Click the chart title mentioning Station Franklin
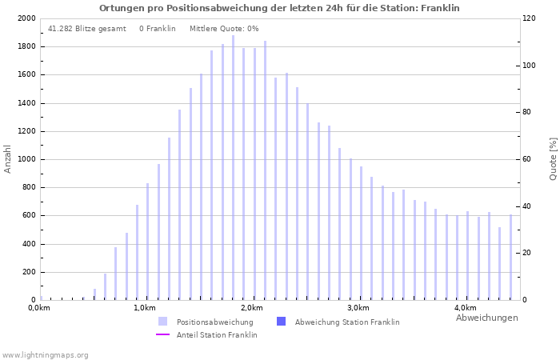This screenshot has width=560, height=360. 279,8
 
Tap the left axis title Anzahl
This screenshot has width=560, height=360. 8,158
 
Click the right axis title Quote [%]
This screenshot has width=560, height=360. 553,158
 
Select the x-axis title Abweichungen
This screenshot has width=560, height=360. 486,318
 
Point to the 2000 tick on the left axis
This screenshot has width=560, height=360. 26,18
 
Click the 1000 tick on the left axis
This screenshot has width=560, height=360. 26,159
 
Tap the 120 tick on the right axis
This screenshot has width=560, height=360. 530,18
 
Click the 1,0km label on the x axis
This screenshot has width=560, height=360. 144,308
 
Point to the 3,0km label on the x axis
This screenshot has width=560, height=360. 358,308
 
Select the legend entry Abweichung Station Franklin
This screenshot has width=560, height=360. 346,322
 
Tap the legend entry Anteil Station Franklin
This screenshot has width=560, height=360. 217,335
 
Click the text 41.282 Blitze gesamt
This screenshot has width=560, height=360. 86,29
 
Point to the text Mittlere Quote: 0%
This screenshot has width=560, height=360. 224,29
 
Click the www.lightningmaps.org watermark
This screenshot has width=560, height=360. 45,355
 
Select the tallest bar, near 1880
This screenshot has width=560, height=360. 234,168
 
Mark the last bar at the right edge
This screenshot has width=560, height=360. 510,257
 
